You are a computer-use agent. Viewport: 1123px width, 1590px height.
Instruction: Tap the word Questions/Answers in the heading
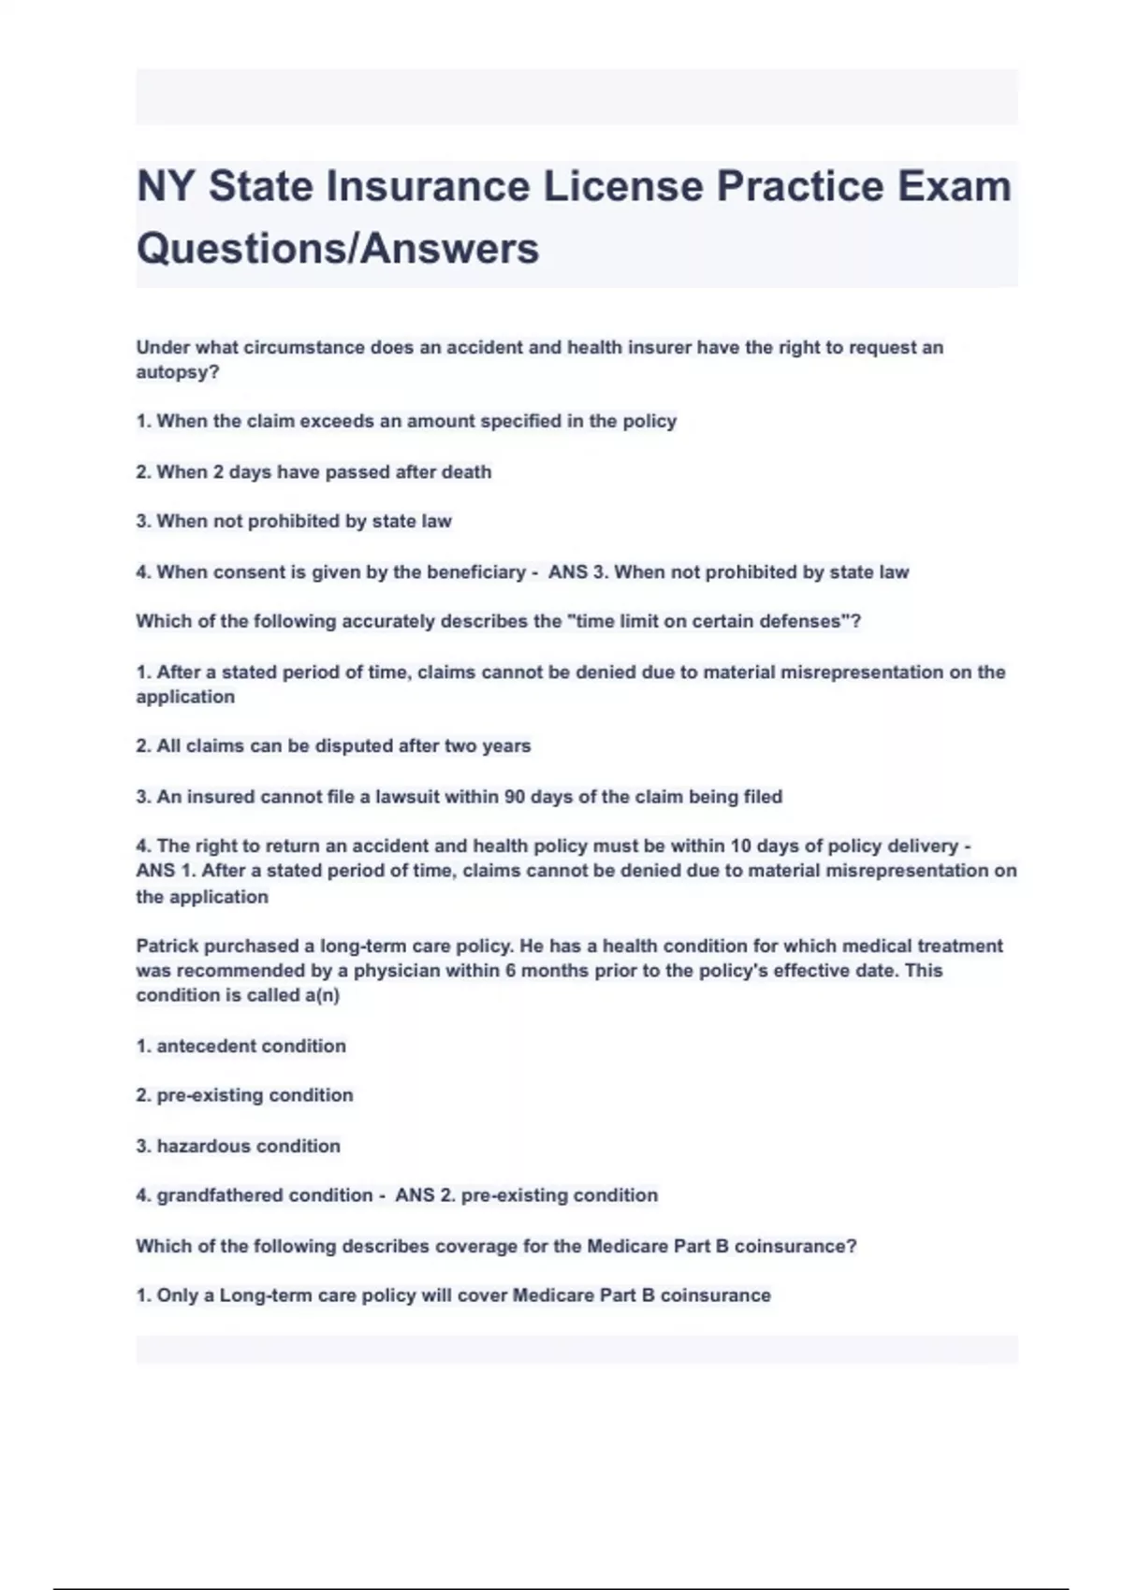click(338, 249)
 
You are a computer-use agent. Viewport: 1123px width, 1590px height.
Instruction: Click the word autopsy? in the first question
click(178, 372)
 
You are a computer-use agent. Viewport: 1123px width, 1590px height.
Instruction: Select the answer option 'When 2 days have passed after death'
click(314, 472)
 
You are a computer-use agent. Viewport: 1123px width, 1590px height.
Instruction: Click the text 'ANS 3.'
click(576, 572)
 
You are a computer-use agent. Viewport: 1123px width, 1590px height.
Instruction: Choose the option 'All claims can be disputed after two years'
click(333, 746)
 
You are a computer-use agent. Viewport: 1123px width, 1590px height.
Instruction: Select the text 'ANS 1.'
click(166, 871)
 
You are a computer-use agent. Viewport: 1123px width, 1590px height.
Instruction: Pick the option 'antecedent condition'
click(241, 1046)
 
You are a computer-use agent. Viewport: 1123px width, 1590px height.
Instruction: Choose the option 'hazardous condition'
click(238, 1146)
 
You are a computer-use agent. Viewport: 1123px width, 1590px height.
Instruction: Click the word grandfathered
click(218, 1195)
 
